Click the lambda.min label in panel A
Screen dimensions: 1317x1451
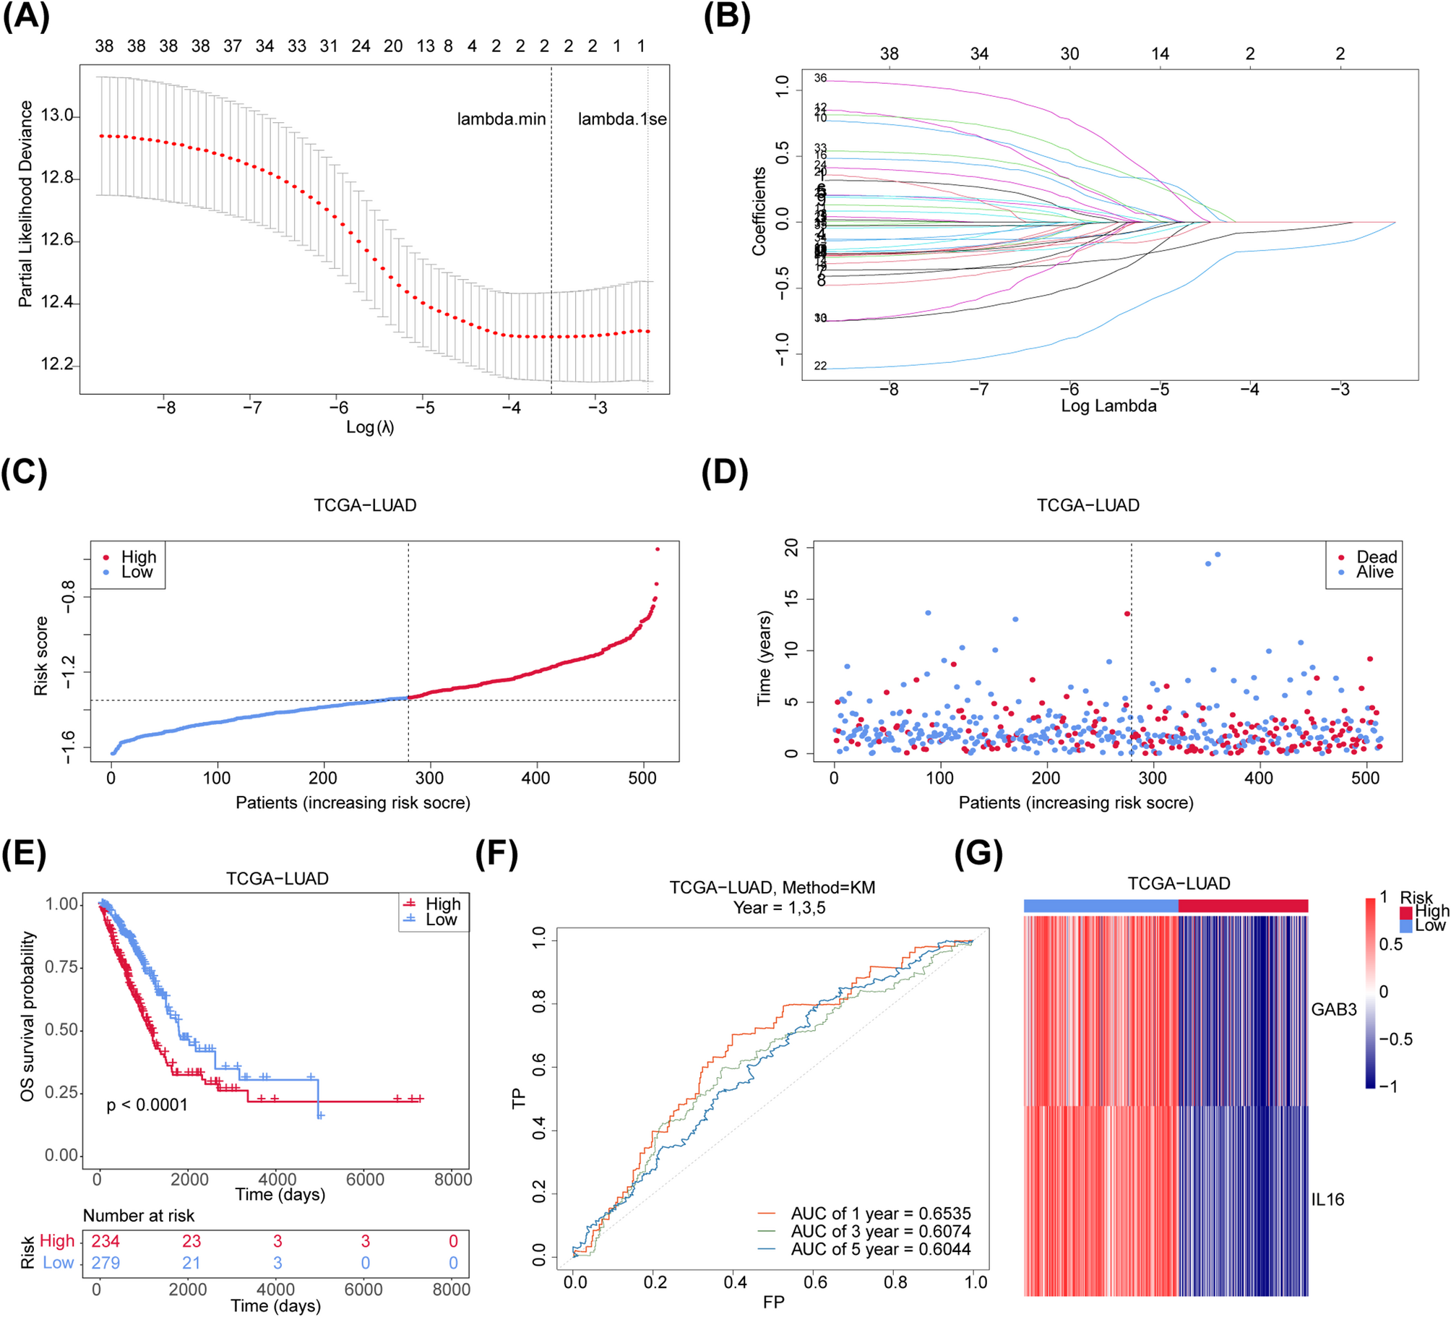pos(501,119)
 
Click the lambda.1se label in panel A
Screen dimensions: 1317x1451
pos(621,119)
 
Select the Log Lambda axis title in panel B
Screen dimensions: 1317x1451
pos(1108,406)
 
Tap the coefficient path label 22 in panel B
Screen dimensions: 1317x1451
pos(820,366)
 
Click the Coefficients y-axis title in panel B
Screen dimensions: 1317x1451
pos(759,211)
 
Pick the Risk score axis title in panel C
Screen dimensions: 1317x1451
pos(40,656)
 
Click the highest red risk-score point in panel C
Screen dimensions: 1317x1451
pos(657,549)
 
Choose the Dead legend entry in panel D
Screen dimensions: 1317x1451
pos(1376,557)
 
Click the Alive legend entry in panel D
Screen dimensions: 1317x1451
pos(1374,572)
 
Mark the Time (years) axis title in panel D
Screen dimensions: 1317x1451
pos(764,658)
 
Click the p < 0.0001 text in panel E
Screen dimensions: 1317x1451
pos(147,1105)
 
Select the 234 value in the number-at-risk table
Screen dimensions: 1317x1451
pos(105,1241)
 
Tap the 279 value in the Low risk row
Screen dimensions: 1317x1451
pos(105,1263)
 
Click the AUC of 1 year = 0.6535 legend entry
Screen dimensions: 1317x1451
pos(880,1214)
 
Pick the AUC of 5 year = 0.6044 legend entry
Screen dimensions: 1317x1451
pos(880,1249)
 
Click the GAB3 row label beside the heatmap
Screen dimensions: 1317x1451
pos(1333,1010)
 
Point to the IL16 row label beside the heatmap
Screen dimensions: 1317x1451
pos(1327,1200)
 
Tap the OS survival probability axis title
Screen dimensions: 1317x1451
pos(27,1016)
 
